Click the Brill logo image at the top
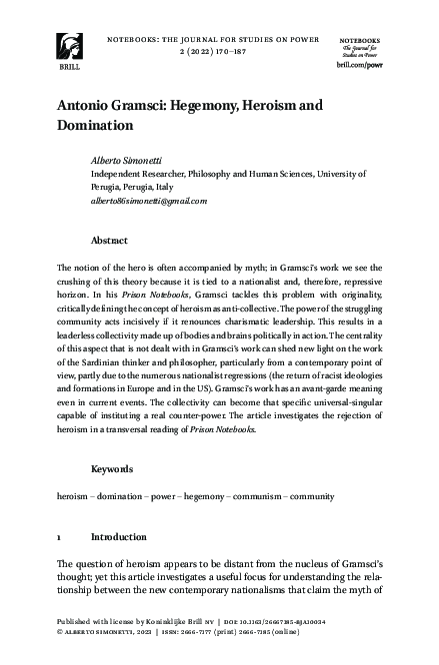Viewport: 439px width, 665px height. (71, 44)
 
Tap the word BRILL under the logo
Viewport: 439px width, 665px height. (71, 71)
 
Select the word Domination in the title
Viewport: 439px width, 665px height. (95, 127)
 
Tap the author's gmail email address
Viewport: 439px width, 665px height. (149, 200)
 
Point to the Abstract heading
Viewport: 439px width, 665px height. (109, 241)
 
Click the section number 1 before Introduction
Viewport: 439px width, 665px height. (60, 535)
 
